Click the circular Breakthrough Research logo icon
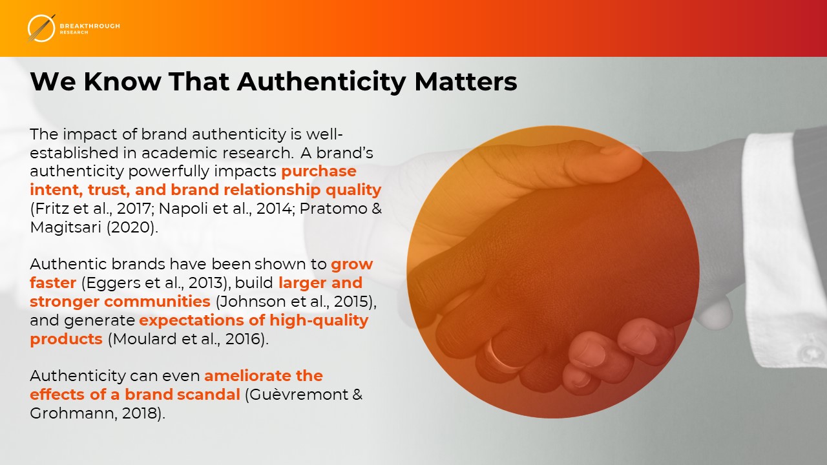tap(41, 28)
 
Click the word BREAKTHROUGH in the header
tap(90, 26)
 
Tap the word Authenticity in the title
tap(322, 81)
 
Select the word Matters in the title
tap(466, 81)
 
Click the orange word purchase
tap(319, 172)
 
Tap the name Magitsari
tap(66, 227)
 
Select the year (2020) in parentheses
tap(131, 227)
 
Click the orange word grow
tap(352, 265)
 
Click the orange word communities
tap(157, 302)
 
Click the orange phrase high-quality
tap(319, 320)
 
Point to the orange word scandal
tap(209, 394)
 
